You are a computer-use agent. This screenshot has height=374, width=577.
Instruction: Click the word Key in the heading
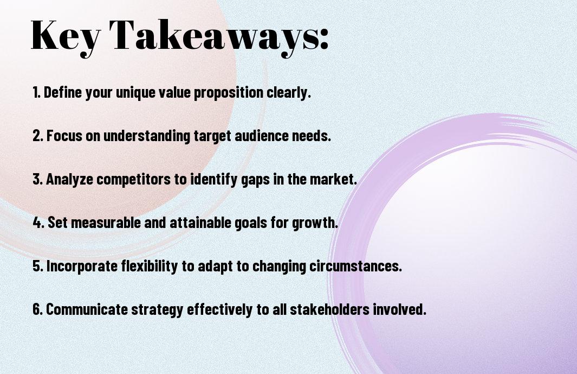coord(65,37)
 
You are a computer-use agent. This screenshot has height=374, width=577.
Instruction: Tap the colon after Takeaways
coord(324,39)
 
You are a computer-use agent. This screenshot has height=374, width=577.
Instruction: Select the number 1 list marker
coord(36,92)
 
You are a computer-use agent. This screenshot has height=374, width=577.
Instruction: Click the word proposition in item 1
coord(229,93)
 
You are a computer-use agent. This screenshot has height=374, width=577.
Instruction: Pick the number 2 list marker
coord(37,136)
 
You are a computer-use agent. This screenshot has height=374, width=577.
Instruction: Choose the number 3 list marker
coord(37,179)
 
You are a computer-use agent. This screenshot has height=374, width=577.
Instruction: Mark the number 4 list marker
coord(38,223)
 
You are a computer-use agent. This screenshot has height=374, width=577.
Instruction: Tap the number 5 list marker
coord(37,266)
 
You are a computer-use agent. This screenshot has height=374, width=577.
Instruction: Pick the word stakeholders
coord(329,309)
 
